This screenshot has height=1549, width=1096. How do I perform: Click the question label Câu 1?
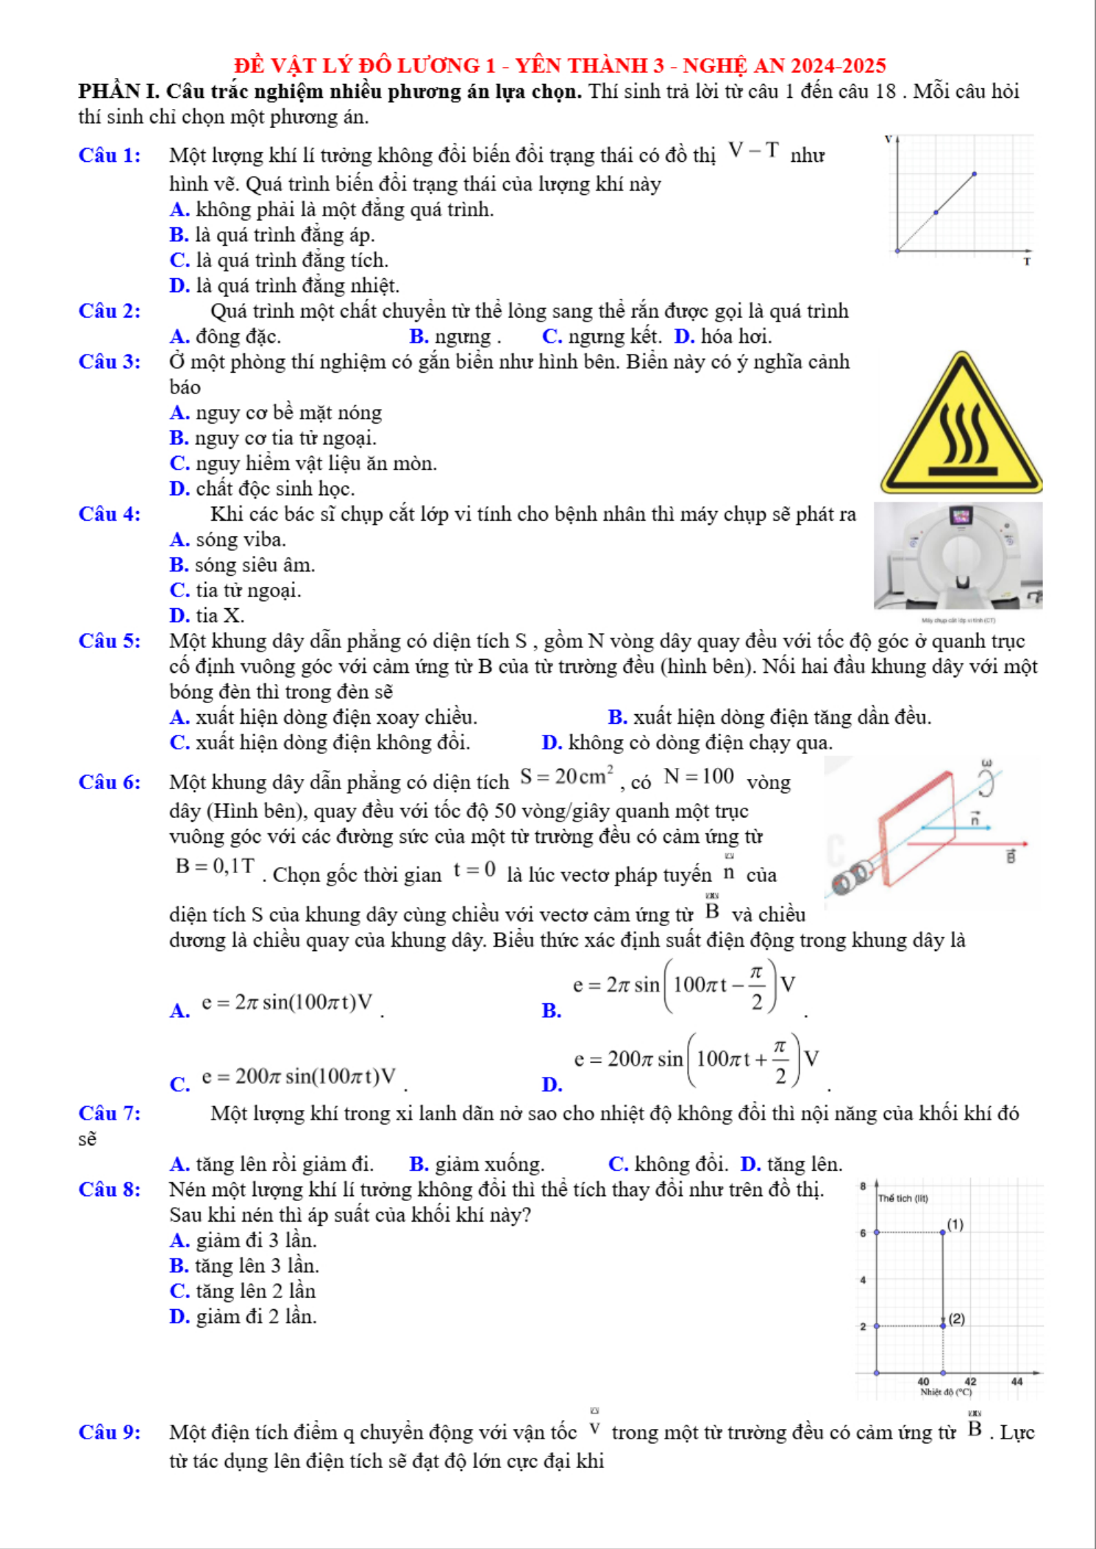click(x=110, y=155)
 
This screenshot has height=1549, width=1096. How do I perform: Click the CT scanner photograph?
click(x=958, y=556)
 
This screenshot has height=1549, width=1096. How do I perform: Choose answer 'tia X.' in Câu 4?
click(x=219, y=615)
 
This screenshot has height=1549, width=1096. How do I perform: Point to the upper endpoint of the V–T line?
click(x=974, y=174)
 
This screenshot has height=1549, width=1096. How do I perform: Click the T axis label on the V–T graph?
click(x=1027, y=261)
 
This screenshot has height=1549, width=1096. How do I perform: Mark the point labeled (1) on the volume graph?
click(x=943, y=1231)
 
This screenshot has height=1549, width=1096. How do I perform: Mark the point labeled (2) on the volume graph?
click(x=943, y=1325)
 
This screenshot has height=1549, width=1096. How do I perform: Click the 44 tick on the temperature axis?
click(x=1017, y=1381)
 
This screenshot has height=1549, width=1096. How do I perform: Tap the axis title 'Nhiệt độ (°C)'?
click(x=945, y=1392)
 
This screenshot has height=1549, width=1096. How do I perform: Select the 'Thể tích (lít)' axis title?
click(x=903, y=1198)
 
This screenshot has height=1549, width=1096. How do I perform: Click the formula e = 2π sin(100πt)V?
click(x=287, y=1003)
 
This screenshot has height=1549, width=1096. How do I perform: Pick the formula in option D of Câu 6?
click(x=696, y=1059)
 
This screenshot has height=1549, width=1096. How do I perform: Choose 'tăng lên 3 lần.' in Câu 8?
click(x=257, y=1265)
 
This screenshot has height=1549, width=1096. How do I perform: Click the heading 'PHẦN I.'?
click(x=119, y=91)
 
